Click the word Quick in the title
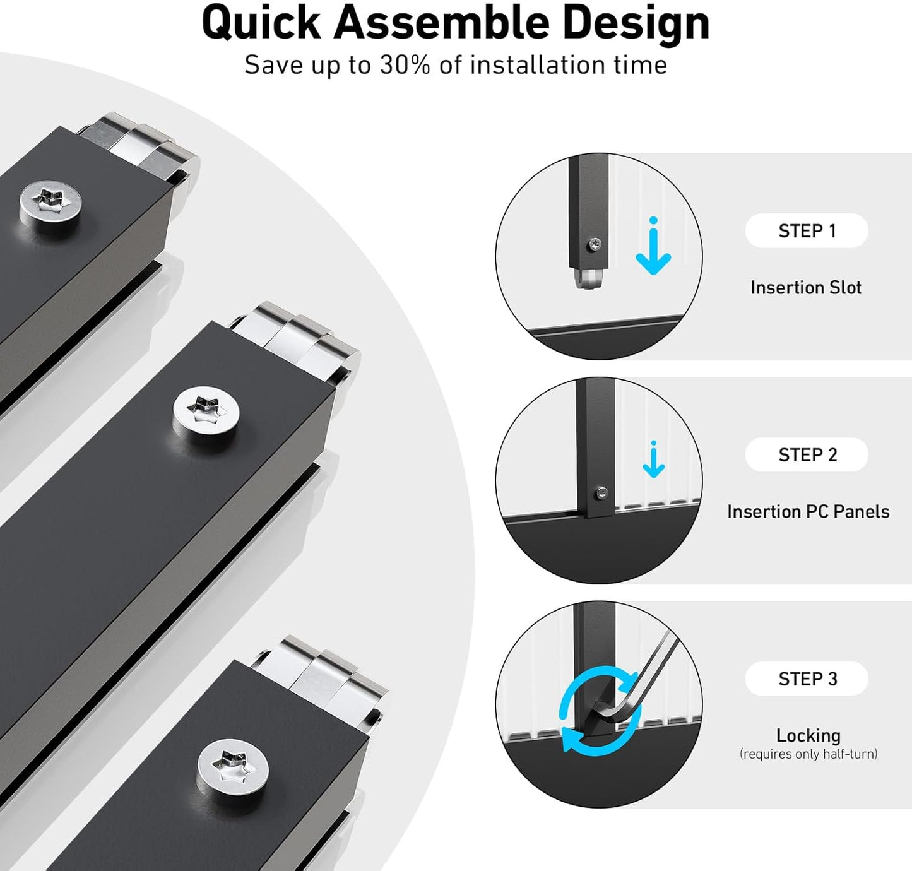(x=261, y=23)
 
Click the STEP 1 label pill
(x=807, y=231)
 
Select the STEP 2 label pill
(x=807, y=454)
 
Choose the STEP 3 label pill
(x=807, y=678)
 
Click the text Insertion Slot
(x=805, y=288)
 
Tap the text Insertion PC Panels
(x=808, y=511)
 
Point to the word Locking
(x=808, y=735)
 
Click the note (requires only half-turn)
(x=808, y=754)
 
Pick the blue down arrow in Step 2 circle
(x=653, y=460)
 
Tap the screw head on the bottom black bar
(x=232, y=768)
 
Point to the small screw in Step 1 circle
(x=594, y=244)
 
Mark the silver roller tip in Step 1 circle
(x=588, y=278)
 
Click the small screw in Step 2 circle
(x=602, y=494)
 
